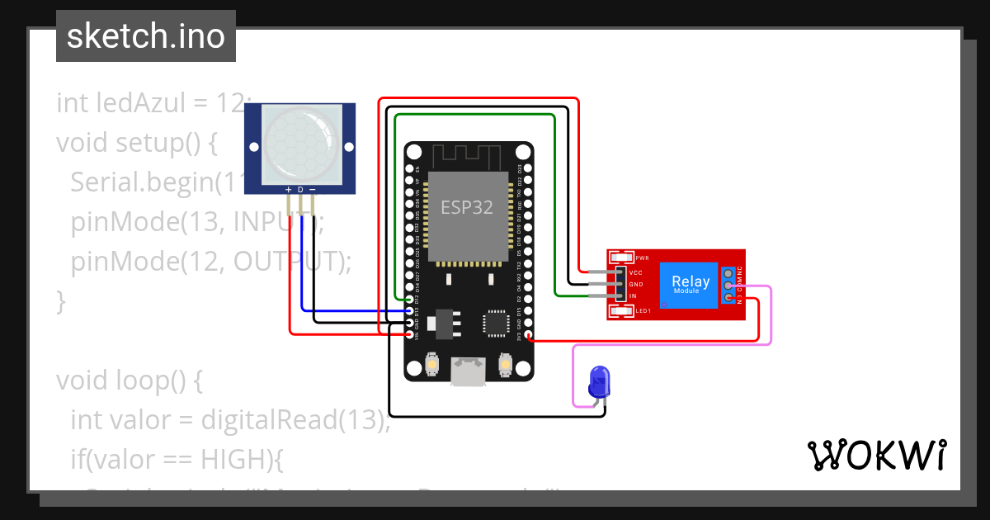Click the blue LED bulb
pyautogui.click(x=599, y=381)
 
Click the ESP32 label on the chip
pyautogui.click(x=467, y=207)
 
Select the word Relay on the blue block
pyautogui.click(x=691, y=281)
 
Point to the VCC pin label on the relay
pyautogui.click(x=636, y=272)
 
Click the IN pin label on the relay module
pyautogui.click(x=634, y=295)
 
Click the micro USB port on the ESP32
pyautogui.click(x=469, y=371)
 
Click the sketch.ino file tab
pyautogui.click(x=145, y=36)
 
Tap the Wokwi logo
pyautogui.click(x=876, y=455)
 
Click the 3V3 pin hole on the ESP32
pyautogui.click(x=529, y=336)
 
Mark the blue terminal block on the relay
pyautogui.click(x=728, y=285)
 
